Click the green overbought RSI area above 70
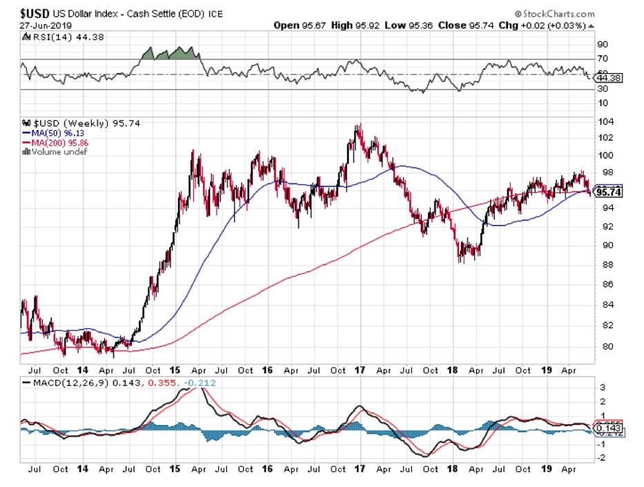(169, 54)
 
